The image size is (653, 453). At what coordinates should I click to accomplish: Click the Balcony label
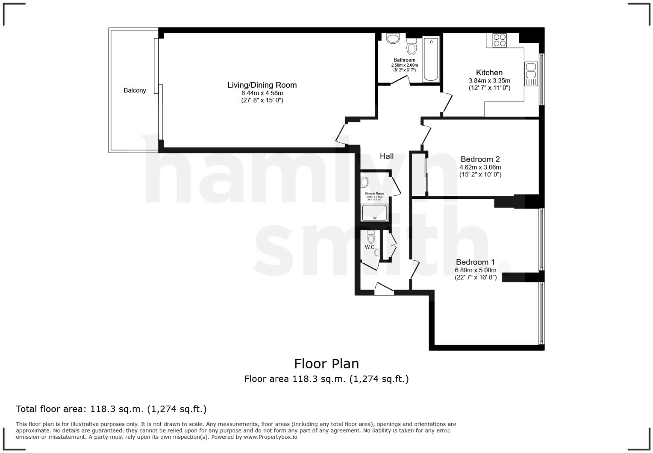tap(135, 90)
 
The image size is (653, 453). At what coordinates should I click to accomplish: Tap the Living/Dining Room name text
tap(262, 85)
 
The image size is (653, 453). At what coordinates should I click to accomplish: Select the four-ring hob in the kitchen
tap(500, 40)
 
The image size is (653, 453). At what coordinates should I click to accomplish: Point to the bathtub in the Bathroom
tap(431, 60)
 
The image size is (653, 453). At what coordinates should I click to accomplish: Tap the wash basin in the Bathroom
tap(393, 39)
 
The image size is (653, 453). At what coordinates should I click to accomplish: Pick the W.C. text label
tap(370, 247)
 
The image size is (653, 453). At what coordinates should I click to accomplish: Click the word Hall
tap(387, 156)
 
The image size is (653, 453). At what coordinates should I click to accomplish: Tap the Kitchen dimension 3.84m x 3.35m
tap(489, 81)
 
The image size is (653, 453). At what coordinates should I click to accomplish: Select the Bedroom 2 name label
tap(480, 159)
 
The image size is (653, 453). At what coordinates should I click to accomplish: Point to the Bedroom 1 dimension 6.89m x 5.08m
tap(475, 270)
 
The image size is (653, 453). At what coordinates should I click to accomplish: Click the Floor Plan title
tap(326, 364)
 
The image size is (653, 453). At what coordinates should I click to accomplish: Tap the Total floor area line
tap(111, 409)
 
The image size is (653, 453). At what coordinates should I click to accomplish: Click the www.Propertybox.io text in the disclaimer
tap(271, 437)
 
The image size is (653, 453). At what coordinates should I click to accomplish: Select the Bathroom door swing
tap(401, 81)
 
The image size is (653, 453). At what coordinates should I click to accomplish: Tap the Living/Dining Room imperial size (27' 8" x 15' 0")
tap(262, 100)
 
